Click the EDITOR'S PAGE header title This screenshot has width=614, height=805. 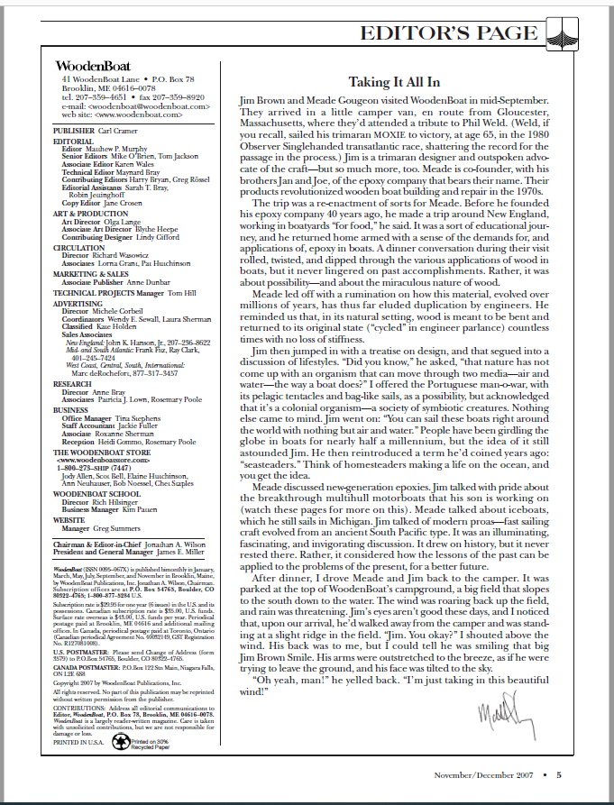(x=447, y=34)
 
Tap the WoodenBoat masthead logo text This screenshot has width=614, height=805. (x=92, y=66)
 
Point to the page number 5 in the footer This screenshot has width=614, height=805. (x=559, y=773)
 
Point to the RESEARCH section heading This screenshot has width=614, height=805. (x=74, y=383)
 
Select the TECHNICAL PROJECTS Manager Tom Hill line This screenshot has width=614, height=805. (x=124, y=294)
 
